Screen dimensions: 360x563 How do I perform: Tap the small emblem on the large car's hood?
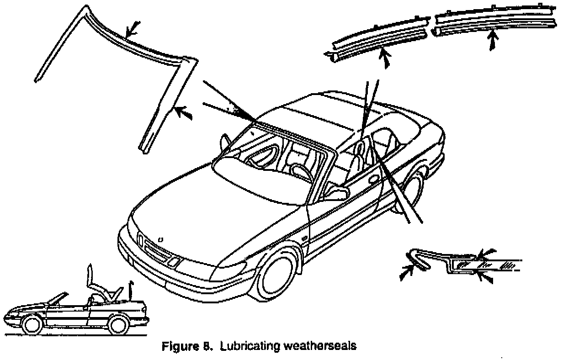(x=160, y=239)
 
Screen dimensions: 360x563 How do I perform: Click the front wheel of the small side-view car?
(x=32, y=325)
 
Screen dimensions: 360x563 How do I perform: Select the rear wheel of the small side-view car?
(x=118, y=325)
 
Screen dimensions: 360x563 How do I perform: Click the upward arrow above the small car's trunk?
(x=131, y=289)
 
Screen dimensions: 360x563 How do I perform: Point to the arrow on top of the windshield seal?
(x=131, y=30)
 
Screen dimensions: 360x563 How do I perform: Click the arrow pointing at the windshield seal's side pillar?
(x=184, y=112)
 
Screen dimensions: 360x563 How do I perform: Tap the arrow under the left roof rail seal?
(x=387, y=60)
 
